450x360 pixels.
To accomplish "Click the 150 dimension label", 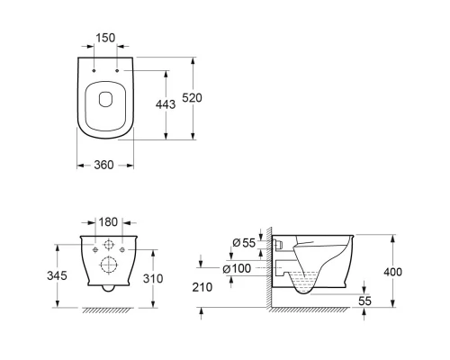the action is pyautogui.click(x=105, y=38).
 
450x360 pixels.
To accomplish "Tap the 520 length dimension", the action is pyautogui.click(x=193, y=98).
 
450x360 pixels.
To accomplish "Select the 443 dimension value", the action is pyautogui.click(x=166, y=104).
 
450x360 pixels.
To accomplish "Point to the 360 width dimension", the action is pyautogui.click(x=104, y=165).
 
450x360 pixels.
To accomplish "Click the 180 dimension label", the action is pyautogui.click(x=108, y=222).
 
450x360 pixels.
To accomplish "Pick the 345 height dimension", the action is pyautogui.click(x=57, y=275).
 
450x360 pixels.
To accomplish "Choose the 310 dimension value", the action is pyautogui.click(x=153, y=278).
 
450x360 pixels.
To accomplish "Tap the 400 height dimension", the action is pyautogui.click(x=393, y=272).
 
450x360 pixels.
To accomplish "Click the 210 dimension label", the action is pyautogui.click(x=202, y=287).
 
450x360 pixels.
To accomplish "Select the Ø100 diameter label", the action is pyautogui.click(x=237, y=268).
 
